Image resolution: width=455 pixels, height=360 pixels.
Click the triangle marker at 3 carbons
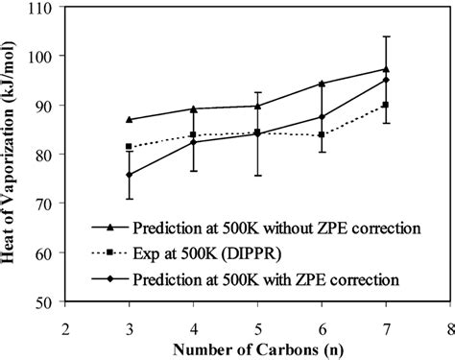click(130, 119)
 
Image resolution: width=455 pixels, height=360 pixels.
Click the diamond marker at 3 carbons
click(130, 175)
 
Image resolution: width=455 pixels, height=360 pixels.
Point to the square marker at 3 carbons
click(130, 147)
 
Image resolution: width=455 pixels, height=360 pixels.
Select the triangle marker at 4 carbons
click(193, 108)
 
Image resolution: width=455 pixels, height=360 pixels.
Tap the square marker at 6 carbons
click(322, 134)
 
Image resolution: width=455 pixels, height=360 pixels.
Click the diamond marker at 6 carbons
click(322, 117)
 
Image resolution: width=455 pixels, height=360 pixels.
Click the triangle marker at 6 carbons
click(322, 84)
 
